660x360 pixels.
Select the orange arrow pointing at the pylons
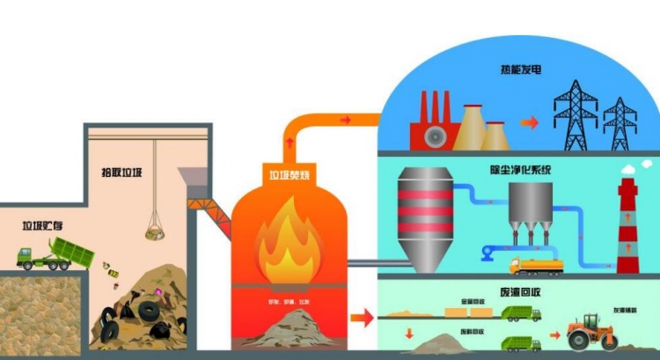tap(528, 123)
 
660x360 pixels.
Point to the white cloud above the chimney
tap(633, 169)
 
